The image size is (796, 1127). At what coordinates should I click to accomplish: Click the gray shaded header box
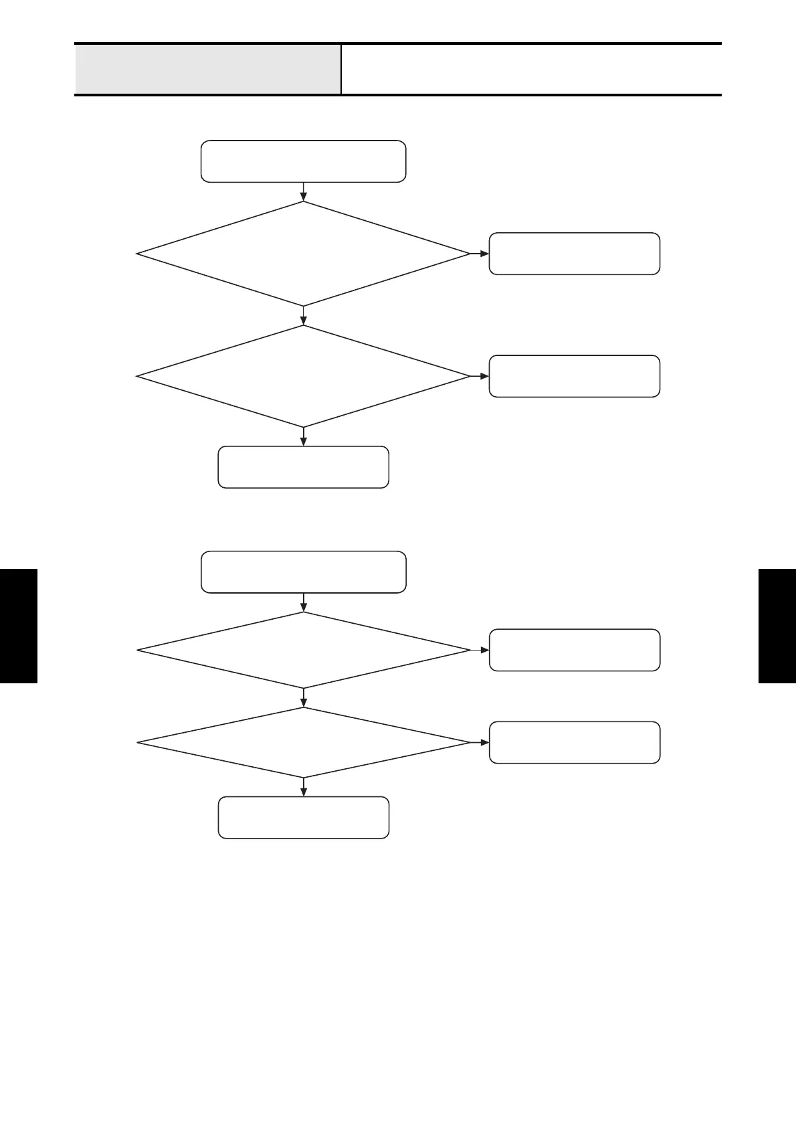207,70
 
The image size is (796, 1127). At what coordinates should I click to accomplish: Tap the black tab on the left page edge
19,626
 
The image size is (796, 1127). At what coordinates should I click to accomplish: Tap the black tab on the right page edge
777,626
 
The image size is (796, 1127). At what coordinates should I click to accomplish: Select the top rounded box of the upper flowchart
303,161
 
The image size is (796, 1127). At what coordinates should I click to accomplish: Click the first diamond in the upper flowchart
303,254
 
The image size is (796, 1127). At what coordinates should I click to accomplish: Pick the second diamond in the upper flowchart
303,376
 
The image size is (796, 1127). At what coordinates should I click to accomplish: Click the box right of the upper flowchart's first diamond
574,254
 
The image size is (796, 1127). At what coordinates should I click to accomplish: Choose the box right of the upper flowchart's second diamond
574,376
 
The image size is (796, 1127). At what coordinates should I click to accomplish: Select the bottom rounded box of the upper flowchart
303,467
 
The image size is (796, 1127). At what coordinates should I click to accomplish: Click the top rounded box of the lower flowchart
303,572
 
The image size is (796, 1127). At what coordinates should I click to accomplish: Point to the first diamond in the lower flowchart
303,650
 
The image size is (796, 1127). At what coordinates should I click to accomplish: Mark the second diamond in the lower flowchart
303,742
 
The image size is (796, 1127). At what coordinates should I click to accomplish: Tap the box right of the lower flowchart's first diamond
574,650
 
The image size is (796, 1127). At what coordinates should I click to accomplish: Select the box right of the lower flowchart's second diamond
574,742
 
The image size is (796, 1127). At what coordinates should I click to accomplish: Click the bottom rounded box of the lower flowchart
303,817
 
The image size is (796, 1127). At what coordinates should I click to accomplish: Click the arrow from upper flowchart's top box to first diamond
304,192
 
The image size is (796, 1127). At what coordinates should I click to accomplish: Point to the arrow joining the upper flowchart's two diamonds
304,316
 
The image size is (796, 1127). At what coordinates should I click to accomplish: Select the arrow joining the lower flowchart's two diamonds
304,698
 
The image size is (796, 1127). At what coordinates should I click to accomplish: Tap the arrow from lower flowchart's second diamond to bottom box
304,787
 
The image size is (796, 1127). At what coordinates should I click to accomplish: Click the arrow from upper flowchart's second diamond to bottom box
304,436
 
